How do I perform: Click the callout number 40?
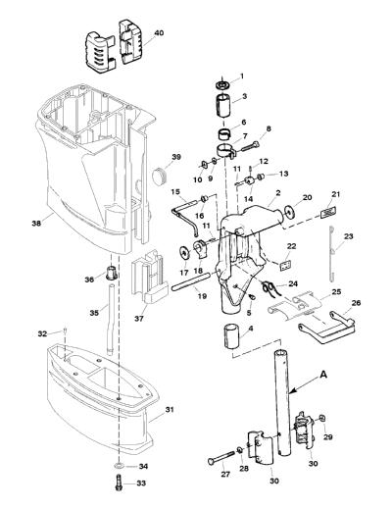coord(159,33)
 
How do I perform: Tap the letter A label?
coord(323,376)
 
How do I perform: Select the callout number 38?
coord(36,224)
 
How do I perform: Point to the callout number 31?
coord(170,409)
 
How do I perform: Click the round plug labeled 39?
coord(160,177)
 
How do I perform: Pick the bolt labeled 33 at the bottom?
coord(119,483)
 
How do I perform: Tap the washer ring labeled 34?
coord(119,466)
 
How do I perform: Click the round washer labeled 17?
coord(185,254)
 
